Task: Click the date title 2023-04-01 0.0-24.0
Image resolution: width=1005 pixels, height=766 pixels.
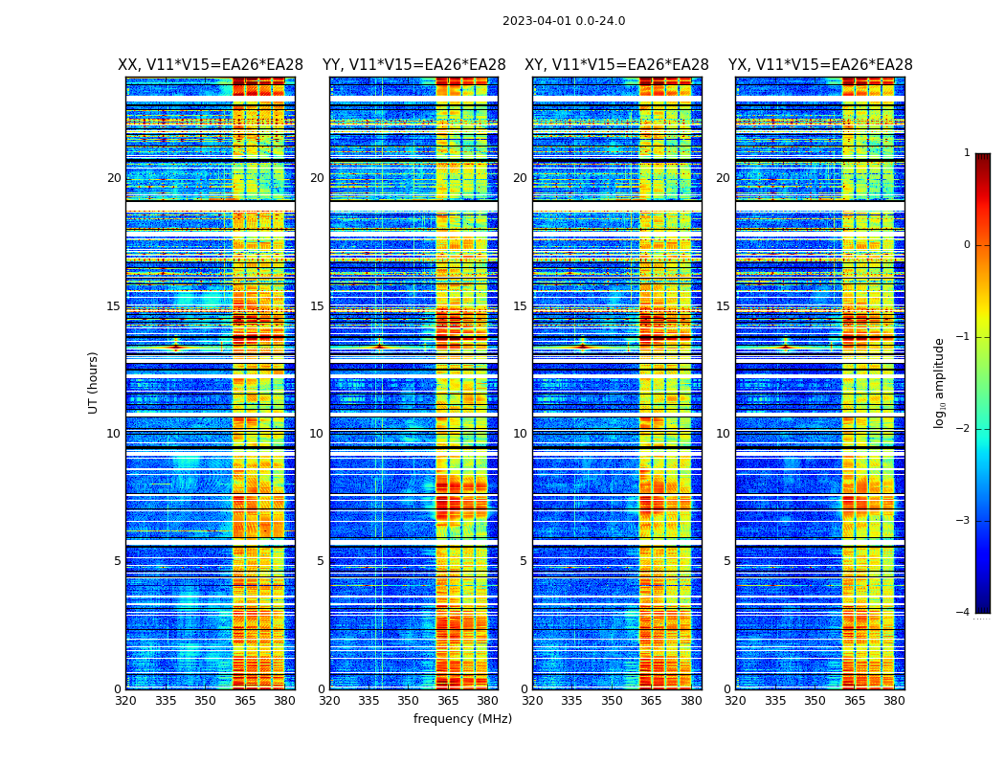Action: tap(564, 21)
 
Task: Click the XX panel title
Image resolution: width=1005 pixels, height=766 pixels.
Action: tap(211, 65)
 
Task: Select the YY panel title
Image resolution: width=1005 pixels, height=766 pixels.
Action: tap(413, 65)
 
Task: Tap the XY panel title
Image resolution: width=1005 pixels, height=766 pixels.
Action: tap(616, 65)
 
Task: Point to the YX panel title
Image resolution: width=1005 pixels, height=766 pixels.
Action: tap(820, 65)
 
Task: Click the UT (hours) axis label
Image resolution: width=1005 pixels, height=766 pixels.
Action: tap(94, 382)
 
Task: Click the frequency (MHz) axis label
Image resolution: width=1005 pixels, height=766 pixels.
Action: tap(462, 719)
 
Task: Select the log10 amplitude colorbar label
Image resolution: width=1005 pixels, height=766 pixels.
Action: tap(940, 383)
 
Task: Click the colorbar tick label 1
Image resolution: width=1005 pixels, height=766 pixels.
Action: tap(967, 153)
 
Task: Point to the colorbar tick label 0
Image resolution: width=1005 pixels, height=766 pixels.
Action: tap(967, 245)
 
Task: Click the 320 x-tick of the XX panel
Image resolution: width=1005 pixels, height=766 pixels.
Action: tap(125, 701)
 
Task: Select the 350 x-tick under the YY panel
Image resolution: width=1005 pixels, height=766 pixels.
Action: tap(409, 701)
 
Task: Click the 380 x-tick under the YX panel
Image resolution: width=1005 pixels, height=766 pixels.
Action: tap(894, 701)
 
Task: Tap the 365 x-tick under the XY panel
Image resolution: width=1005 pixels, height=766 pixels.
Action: tap(651, 701)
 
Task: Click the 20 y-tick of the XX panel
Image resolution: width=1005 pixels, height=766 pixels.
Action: tap(114, 178)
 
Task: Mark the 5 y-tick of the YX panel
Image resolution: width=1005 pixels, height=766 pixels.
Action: tap(726, 561)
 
